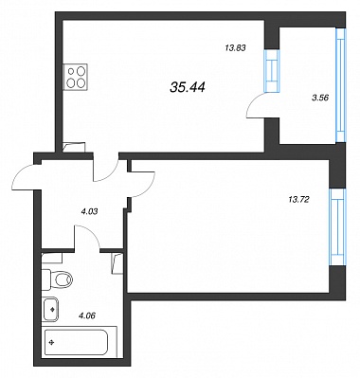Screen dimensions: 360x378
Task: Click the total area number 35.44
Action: [188, 86]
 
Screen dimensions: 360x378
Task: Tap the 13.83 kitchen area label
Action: [235, 48]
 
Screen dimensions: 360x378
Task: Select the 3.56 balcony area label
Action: [320, 98]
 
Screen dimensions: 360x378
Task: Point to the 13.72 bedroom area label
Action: [298, 199]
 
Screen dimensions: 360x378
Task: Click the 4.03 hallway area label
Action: [89, 211]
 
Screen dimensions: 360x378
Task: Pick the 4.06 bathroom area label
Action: [87, 315]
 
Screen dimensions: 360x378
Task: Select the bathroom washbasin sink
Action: [50, 309]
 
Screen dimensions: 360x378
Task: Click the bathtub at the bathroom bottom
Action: [76, 343]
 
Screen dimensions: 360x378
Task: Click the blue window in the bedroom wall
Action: [337, 227]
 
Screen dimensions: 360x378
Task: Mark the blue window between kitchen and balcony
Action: [272, 71]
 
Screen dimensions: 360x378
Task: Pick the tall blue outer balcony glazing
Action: [341, 85]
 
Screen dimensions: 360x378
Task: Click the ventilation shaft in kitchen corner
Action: [74, 148]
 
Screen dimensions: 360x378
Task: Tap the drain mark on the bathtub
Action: [51, 342]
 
